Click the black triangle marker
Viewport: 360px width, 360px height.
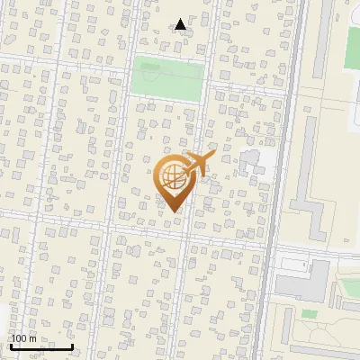181,24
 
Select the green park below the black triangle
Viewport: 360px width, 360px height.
166,78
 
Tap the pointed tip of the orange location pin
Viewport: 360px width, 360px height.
172,211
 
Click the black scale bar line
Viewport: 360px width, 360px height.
40,346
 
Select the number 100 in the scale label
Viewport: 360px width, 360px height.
20,338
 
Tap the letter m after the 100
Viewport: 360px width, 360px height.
33,338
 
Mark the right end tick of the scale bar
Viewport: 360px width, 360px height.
72,345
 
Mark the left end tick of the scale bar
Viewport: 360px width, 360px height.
10,345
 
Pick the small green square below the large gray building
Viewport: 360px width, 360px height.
309,313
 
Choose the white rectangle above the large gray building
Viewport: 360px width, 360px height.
292,263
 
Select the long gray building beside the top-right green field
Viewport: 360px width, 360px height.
322,45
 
